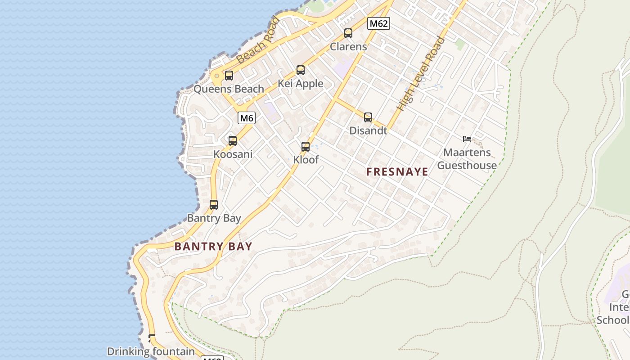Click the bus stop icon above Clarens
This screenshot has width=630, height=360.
coord(348,33)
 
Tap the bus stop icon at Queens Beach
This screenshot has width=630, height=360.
coord(229,75)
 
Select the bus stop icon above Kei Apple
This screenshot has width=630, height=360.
coord(300,70)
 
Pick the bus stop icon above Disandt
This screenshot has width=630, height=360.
coord(368,117)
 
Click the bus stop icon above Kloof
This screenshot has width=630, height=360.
coord(306,146)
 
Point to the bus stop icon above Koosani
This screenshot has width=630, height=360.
coord(233,140)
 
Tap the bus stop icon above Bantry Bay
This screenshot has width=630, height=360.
coord(214,205)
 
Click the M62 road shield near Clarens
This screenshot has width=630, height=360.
coord(378,23)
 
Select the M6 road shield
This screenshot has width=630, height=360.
coord(247,118)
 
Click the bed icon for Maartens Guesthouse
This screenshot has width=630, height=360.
coord(467,139)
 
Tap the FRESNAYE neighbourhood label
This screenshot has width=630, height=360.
coord(397,172)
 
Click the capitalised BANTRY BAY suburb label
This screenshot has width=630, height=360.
coord(213,246)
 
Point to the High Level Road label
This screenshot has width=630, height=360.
coord(421,74)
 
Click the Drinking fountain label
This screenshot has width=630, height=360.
coord(151,351)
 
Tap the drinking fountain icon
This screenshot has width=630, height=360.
coord(152,338)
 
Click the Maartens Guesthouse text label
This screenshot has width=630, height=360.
coord(467,159)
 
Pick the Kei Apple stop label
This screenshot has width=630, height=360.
coord(300,83)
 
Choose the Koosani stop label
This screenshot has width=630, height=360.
coord(233,154)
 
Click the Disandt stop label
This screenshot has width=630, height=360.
coord(368,130)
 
